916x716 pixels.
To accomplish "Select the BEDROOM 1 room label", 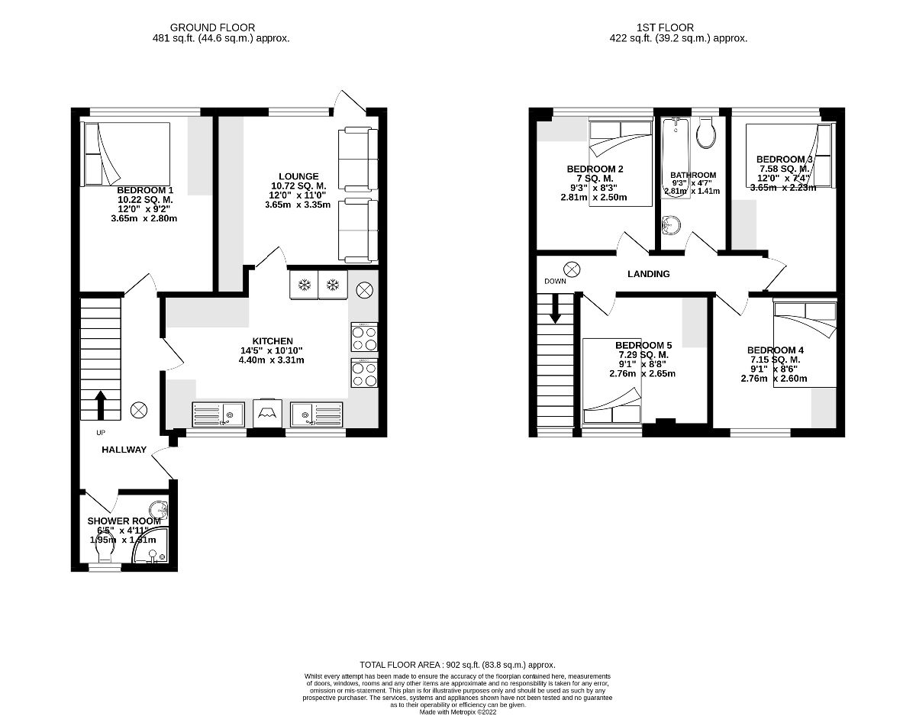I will click(x=145, y=190).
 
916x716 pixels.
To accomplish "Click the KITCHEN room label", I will click(x=273, y=341).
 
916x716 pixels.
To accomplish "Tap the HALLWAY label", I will click(x=124, y=450).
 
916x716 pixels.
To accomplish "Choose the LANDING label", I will click(x=648, y=274).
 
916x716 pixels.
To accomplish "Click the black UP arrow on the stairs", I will click(x=100, y=405).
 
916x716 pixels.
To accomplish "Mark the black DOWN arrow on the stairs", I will click(x=556, y=308).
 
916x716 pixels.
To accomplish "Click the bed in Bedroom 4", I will click(x=805, y=343).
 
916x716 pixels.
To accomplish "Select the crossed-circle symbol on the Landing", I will click(x=572, y=268).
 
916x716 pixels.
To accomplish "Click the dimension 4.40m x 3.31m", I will click(x=272, y=360).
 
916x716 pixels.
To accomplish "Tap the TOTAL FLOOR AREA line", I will click(x=457, y=665).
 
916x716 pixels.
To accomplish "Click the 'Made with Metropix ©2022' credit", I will click(x=457, y=711).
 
